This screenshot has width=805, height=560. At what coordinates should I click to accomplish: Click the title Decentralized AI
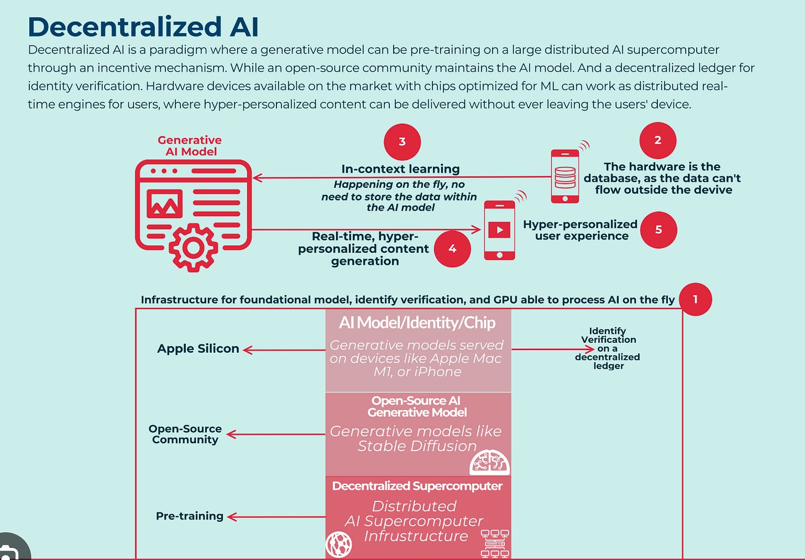coord(143,27)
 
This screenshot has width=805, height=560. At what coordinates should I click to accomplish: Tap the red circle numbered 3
coord(402,142)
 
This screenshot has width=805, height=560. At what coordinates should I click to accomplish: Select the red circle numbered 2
coord(657,140)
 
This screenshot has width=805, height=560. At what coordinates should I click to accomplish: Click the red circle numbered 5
coord(658,230)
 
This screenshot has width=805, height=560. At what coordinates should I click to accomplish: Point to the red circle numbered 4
coord(452,249)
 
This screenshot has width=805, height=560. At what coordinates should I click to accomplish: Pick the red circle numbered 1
coord(695,300)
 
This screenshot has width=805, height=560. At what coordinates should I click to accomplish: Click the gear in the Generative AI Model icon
coord(193,248)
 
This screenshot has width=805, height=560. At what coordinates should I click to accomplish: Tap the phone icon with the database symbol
coord(565,176)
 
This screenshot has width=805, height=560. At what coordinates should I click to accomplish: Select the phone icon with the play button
coord(499,230)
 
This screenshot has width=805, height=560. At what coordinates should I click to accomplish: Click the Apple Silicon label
coord(198,349)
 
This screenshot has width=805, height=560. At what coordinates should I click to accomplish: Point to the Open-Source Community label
coord(185,434)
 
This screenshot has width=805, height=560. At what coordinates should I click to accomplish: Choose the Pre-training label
coord(190,516)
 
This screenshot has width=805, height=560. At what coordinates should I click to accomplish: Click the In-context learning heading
coord(400,169)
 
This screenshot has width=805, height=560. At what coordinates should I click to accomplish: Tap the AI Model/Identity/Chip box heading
coord(417,322)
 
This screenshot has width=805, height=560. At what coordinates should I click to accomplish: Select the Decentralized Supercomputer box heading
coord(417,486)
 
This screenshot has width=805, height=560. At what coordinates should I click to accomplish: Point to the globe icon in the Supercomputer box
coord(339,544)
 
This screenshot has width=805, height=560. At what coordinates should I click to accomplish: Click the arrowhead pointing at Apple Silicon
coord(247,350)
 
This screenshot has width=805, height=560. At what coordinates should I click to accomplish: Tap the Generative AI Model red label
coord(190,146)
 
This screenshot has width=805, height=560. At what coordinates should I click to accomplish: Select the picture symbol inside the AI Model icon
coord(164,204)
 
